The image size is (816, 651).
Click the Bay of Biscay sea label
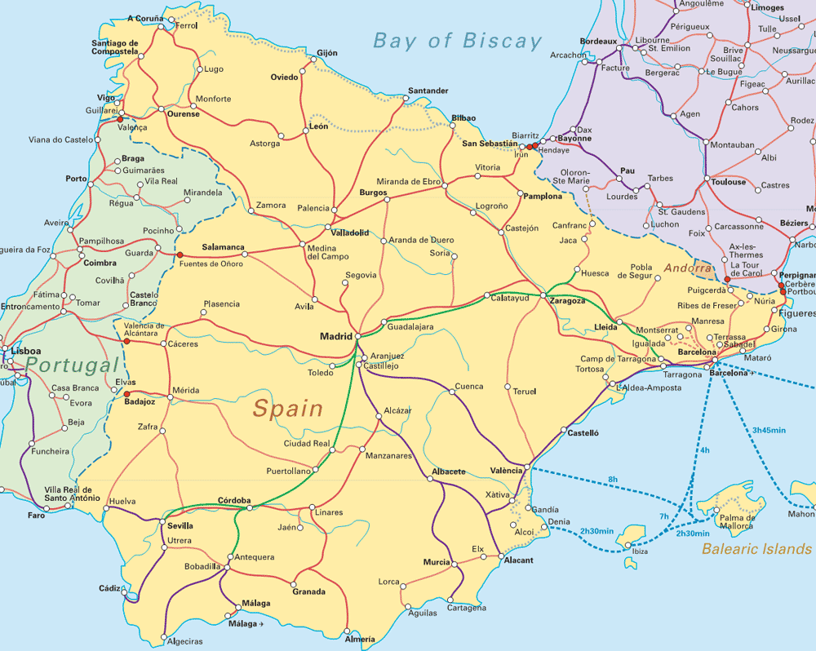(x=457, y=41)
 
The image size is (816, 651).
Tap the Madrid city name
(x=335, y=336)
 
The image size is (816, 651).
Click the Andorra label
(x=687, y=268)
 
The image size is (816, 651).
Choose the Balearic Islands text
(x=756, y=549)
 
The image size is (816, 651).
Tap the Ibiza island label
(x=640, y=552)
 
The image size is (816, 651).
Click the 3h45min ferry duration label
(x=768, y=430)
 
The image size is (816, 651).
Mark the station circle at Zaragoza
(x=543, y=294)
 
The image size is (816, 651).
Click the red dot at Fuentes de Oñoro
(x=180, y=255)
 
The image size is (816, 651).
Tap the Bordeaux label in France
(x=598, y=41)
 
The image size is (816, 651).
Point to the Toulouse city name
(x=729, y=182)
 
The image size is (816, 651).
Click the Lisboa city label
(x=26, y=351)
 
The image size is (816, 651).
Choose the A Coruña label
(x=146, y=18)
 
